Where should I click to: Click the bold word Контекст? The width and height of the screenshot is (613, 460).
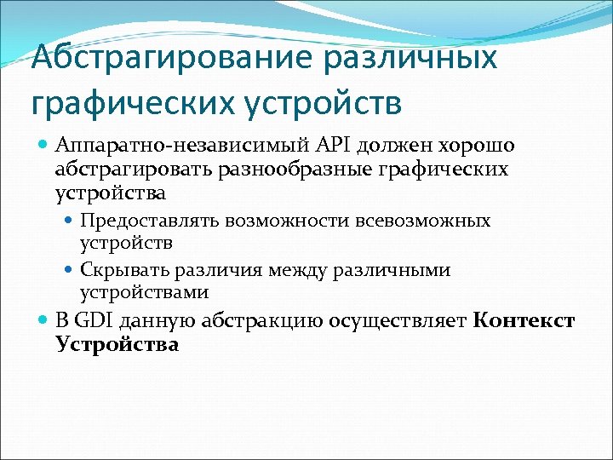click(524, 322)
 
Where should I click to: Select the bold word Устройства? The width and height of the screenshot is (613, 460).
click(117, 345)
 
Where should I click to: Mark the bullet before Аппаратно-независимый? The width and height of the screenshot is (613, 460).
click(44, 146)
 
